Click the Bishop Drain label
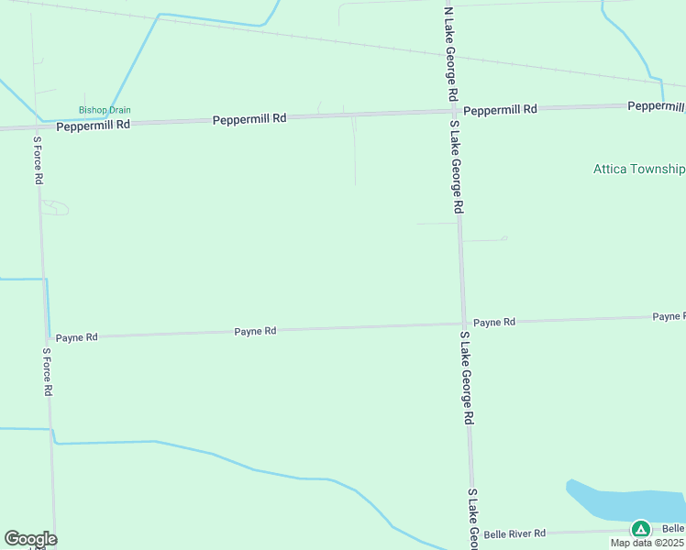click(105, 110)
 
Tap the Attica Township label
click(639, 169)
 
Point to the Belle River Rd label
click(514, 533)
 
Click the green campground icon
click(640, 529)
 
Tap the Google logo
click(30, 539)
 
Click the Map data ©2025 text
click(647, 543)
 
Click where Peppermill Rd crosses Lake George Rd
click(454, 112)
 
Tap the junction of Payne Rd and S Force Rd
click(47, 337)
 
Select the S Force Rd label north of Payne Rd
click(39, 161)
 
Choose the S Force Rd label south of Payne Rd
click(48, 371)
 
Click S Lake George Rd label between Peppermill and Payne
click(456, 167)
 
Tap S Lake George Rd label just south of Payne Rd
click(466, 378)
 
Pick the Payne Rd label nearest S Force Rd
click(76, 337)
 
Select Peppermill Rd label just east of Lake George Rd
click(500, 110)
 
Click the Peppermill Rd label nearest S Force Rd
click(93, 126)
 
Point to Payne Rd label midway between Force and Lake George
click(255, 331)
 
